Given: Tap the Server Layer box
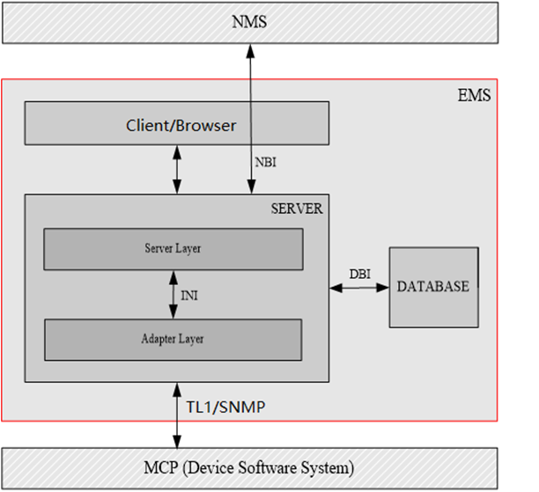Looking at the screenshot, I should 173,249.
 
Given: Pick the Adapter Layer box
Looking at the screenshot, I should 173,339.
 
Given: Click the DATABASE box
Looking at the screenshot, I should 432,287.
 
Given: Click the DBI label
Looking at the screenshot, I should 359,274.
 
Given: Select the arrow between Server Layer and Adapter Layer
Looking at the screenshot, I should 173,294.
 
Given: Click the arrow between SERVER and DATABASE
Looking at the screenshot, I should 359,287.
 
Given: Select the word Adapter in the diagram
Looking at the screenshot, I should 159,339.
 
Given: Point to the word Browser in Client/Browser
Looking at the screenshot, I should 209,125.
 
